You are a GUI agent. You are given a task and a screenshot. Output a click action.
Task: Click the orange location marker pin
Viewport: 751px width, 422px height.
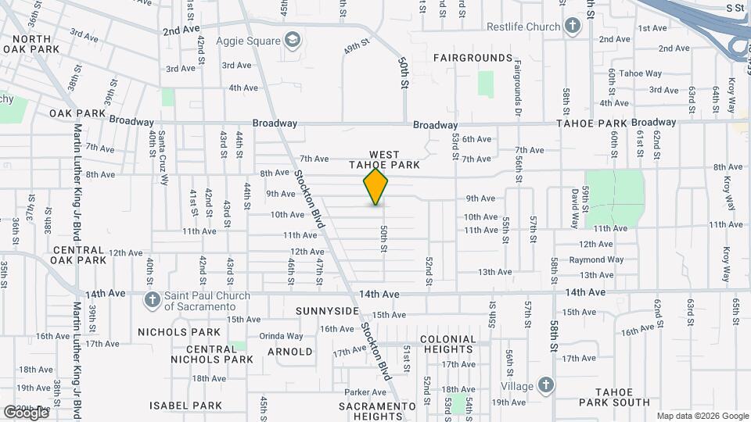pyautogui.click(x=376, y=188)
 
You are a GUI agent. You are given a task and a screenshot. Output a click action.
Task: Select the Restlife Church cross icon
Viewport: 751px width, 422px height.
pyautogui.click(x=573, y=27)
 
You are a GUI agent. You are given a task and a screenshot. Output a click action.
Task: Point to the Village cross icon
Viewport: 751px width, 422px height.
pyautogui.click(x=545, y=385)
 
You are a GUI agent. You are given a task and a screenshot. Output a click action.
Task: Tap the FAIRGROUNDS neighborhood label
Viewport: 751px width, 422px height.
pyautogui.click(x=473, y=58)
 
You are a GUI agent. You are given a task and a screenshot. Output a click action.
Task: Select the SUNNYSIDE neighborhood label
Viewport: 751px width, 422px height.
pyautogui.click(x=327, y=311)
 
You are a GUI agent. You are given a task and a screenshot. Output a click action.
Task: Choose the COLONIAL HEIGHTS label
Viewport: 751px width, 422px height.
pyautogui.click(x=447, y=345)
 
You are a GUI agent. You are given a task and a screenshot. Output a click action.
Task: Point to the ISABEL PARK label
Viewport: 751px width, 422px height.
pyautogui.click(x=186, y=406)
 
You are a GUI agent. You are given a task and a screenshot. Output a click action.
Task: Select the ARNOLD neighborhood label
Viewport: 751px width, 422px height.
pyautogui.click(x=289, y=352)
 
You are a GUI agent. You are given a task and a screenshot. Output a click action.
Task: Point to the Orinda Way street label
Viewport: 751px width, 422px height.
pyautogui.click(x=282, y=336)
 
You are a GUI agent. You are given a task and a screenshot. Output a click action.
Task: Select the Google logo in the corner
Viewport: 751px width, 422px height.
pyautogui.click(x=26, y=412)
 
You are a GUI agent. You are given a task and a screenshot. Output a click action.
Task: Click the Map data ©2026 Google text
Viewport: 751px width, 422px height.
pyautogui.click(x=702, y=416)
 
